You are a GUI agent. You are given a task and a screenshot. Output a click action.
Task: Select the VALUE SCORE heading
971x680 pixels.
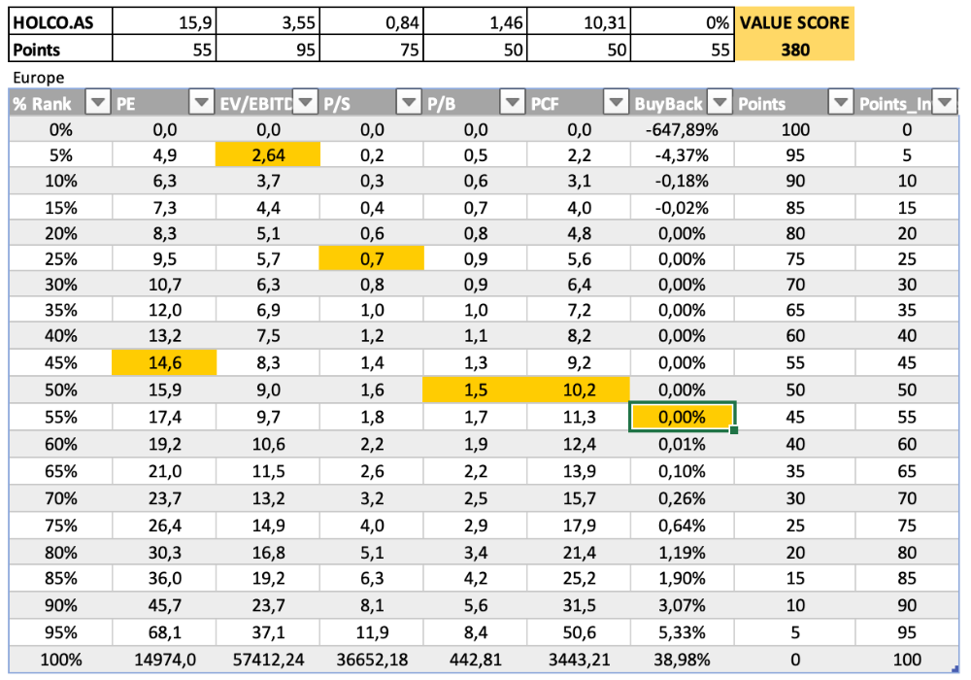click(794, 22)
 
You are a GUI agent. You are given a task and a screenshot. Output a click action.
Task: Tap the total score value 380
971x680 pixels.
click(794, 49)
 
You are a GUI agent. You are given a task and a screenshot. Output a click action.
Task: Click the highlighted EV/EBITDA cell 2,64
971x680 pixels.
click(267, 153)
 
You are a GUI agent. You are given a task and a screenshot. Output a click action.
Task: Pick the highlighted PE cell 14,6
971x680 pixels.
click(163, 363)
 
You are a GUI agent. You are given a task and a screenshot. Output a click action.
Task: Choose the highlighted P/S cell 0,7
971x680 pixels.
click(372, 258)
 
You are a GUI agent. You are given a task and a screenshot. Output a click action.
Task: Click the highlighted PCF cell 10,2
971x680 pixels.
click(578, 390)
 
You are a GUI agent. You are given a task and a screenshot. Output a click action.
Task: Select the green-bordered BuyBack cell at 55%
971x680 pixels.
click(682, 416)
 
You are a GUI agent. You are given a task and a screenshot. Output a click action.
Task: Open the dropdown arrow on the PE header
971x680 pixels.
click(201, 102)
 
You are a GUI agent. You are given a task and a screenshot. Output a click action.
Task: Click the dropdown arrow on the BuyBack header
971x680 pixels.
click(720, 102)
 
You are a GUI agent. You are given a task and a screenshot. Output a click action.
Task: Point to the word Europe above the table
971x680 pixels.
click(39, 77)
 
